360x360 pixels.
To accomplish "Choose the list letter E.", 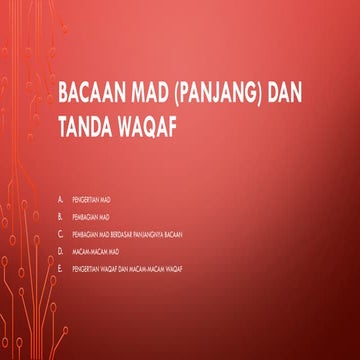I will point(61,269).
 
